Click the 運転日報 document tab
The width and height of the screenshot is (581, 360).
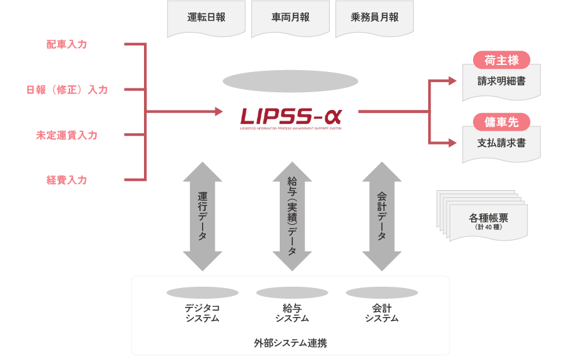pos(206,18)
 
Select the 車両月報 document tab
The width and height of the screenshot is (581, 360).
pos(290,18)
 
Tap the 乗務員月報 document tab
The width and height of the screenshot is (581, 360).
pos(375,18)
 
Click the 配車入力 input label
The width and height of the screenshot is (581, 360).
pos(66,44)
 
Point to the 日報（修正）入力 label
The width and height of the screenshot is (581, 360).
pos(67,90)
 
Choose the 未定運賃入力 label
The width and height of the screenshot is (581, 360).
pos(66,135)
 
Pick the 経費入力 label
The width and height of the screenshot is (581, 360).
pos(66,180)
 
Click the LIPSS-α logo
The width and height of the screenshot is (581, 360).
pos(290,117)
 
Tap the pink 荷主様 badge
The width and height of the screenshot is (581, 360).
pos(501,61)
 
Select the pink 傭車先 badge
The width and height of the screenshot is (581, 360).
pos(501,122)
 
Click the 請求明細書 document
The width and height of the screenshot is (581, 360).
pos(501,81)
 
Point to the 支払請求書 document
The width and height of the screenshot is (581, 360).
pos(501,143)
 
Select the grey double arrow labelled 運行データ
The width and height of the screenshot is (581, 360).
pos(203,217)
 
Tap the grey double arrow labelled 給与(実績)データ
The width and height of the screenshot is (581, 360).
pos(292,217)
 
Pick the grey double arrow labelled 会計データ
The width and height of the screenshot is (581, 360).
pos(381,217)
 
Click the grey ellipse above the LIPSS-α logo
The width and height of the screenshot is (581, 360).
pos(290,81)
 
